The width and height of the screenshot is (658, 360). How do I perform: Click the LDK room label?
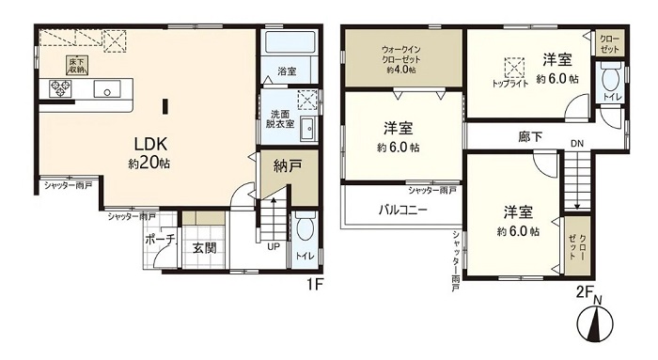[x=150, y=145]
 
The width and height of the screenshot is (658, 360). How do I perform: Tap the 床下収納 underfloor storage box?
[x=76, y=64]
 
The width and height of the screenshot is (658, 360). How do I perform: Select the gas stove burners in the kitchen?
[x=60, y=88]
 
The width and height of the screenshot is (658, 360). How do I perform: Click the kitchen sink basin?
[x=107, y=89]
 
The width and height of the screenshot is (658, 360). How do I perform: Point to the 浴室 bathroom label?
[x=287, y=71]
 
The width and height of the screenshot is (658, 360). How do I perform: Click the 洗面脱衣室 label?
[x=280, y=118]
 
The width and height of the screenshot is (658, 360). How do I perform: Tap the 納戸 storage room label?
[x=288, y=166]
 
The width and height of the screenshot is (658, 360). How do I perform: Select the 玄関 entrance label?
[x=204, y=248]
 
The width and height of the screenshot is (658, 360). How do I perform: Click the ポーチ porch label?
[x=160, y=240]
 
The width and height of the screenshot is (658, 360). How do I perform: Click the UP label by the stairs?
[x=274, y=246]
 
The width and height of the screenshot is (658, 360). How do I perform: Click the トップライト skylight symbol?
[x=514, y=67]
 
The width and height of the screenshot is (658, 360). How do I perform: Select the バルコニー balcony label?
[x=402, y=210]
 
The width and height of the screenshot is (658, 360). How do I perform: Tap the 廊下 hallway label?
[x=530, y=137]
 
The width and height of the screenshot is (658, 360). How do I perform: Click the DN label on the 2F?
[x=577, y=144]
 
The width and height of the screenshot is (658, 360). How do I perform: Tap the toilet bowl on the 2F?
[x=607, y=79]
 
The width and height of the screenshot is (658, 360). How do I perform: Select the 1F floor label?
[x=313, y=286]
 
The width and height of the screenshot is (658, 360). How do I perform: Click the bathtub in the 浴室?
[x=290, y=42]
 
